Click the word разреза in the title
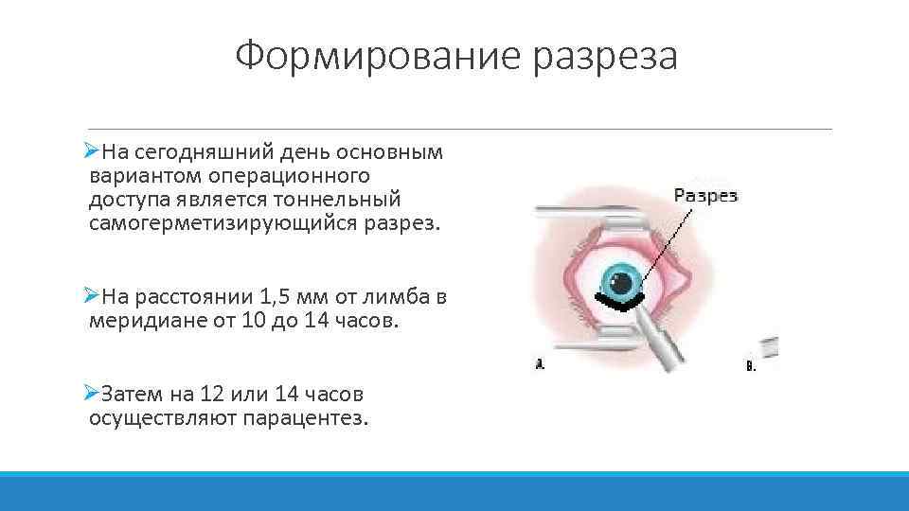click(605, 57)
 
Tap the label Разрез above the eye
click(704, 196)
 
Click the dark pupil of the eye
click(622, 281)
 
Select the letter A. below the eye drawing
click(540, 363)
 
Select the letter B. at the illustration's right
click(751, 365)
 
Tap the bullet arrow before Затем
click(91, 393)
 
